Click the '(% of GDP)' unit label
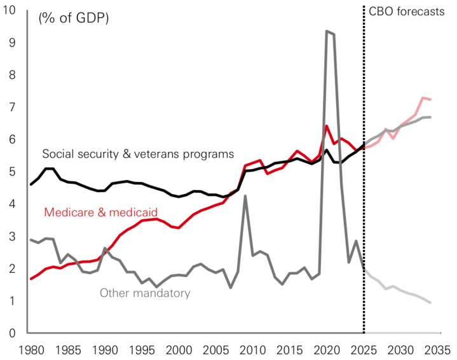click(74, 18)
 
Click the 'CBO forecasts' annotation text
click(407, 11)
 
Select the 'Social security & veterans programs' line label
click(139, 154)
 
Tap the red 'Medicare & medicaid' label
click(101, 212)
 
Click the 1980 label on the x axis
click(31, 349)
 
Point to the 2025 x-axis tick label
click(364, 349)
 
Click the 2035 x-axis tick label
click(438, 349)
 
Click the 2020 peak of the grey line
click(327, 31)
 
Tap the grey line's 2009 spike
click(245, 196)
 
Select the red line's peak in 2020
click(327, 126)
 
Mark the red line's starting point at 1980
click(31, 279)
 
